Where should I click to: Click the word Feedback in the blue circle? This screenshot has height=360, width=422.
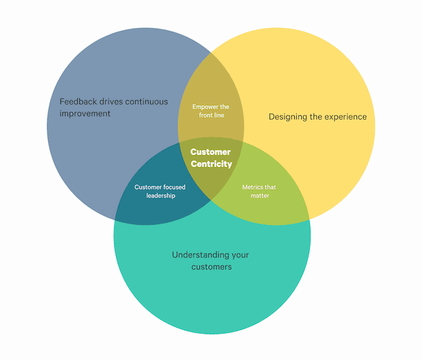(x=78, y=101)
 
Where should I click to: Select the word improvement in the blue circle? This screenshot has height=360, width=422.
(x=85, y=114)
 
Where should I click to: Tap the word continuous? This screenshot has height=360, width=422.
(x=147, y=101)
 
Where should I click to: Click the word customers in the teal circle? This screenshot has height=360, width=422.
(x=212, y=267)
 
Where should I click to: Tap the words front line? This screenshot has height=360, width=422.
(x=212, y=115)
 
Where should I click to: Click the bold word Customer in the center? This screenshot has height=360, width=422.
(x=210, y=152)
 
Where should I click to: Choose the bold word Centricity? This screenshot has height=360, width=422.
(x=212, y=164)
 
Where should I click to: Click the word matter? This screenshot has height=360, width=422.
(x=260, y=196)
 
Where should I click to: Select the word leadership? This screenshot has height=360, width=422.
(x=160, y=196)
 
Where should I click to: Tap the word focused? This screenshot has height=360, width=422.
(x=174, y=187)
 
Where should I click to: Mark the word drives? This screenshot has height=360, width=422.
(x=111, y=101)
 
